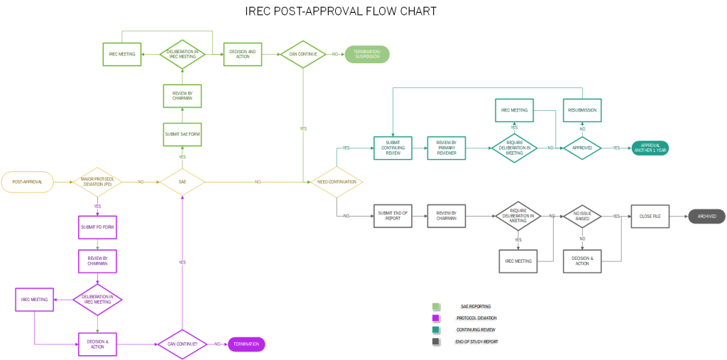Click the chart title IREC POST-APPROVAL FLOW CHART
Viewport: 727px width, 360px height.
(340, 11)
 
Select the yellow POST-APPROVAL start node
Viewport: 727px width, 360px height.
(27, 182)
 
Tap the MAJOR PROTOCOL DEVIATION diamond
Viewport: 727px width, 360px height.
(97, 182)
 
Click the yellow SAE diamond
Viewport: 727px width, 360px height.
(182, 182)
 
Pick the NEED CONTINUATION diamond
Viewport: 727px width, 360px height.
(336, 182)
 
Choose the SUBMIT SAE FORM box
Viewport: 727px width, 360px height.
(182, 134)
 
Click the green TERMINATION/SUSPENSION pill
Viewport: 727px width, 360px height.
(367, 54)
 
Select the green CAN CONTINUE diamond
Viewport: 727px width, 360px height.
(303, 54)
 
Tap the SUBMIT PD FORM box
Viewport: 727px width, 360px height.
(97, 227)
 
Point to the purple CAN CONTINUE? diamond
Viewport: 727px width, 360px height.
(182, 344)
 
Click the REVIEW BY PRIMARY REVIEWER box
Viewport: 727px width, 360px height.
(446, 148)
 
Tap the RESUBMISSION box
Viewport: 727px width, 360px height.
(582, 110)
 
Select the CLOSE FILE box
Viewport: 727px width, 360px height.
(650, 217)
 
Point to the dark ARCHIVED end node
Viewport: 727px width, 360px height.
(706, 217)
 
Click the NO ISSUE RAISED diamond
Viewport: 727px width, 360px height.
(582, 217)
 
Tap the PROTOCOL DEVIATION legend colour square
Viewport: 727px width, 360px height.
(436, 318)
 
